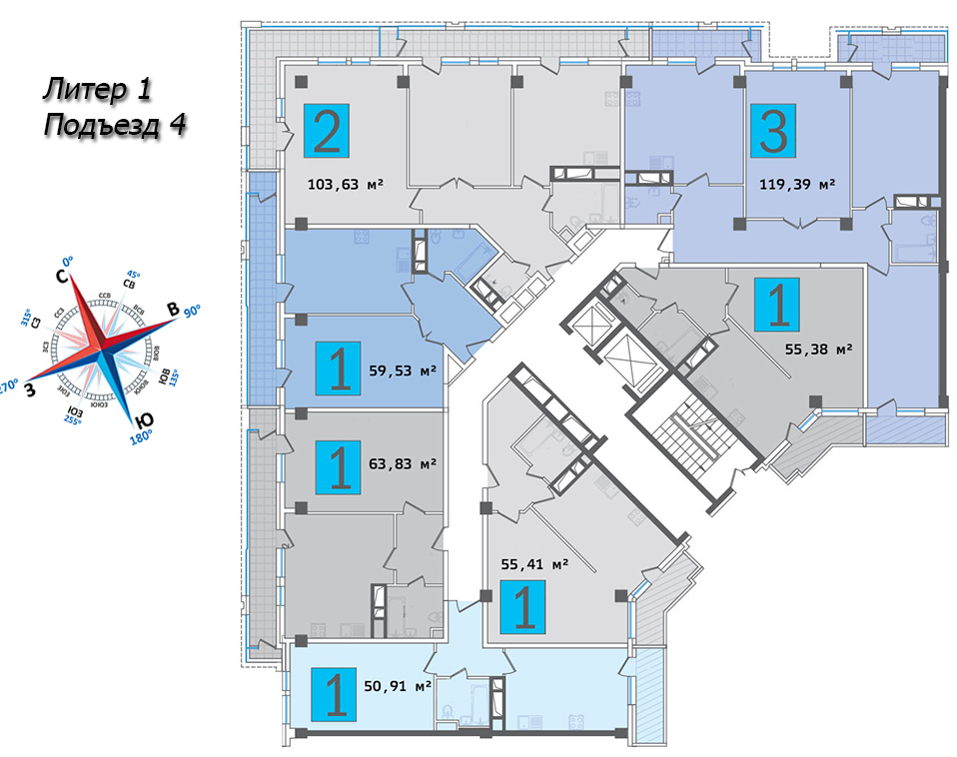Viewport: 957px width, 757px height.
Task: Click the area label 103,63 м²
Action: (x=345, y=183)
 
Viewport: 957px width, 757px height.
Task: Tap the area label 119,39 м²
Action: (x=796, y=185)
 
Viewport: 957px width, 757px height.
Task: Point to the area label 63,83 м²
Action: (x=402, y=463)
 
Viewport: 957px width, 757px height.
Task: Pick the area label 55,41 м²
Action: (x=533, y=563)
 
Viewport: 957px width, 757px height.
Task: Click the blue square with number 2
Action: (x=327, y=130)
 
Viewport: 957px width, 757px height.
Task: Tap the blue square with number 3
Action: (x=773, y=130)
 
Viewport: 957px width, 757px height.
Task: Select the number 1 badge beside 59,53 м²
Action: (x=340, y=369)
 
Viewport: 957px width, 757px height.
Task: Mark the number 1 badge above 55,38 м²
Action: (x=779, y=305)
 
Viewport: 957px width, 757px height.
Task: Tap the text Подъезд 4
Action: (x=116, y=126)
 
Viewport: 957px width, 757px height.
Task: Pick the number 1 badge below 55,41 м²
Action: (x=523, y=609)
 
